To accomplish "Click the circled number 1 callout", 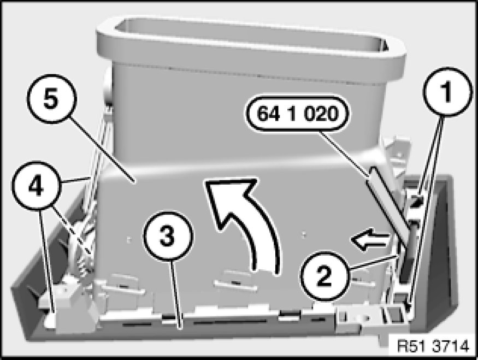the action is pos(447,92).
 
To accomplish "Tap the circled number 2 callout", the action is pos(324,276).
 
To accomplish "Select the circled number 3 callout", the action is pos(168,236).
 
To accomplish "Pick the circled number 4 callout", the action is pos(37,186).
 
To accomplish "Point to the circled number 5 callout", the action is pos(51,99).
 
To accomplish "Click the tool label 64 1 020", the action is pos(298,114).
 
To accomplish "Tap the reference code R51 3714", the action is pos(433,346).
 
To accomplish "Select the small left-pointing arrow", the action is pos(370,239).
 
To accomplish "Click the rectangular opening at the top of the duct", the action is pos(250,33).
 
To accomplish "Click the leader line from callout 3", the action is pos(176,294).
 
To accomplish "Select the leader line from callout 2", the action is pos(375,263).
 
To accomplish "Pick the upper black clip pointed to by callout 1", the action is pos(416,201).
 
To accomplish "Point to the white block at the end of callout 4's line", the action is pos(51,321).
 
